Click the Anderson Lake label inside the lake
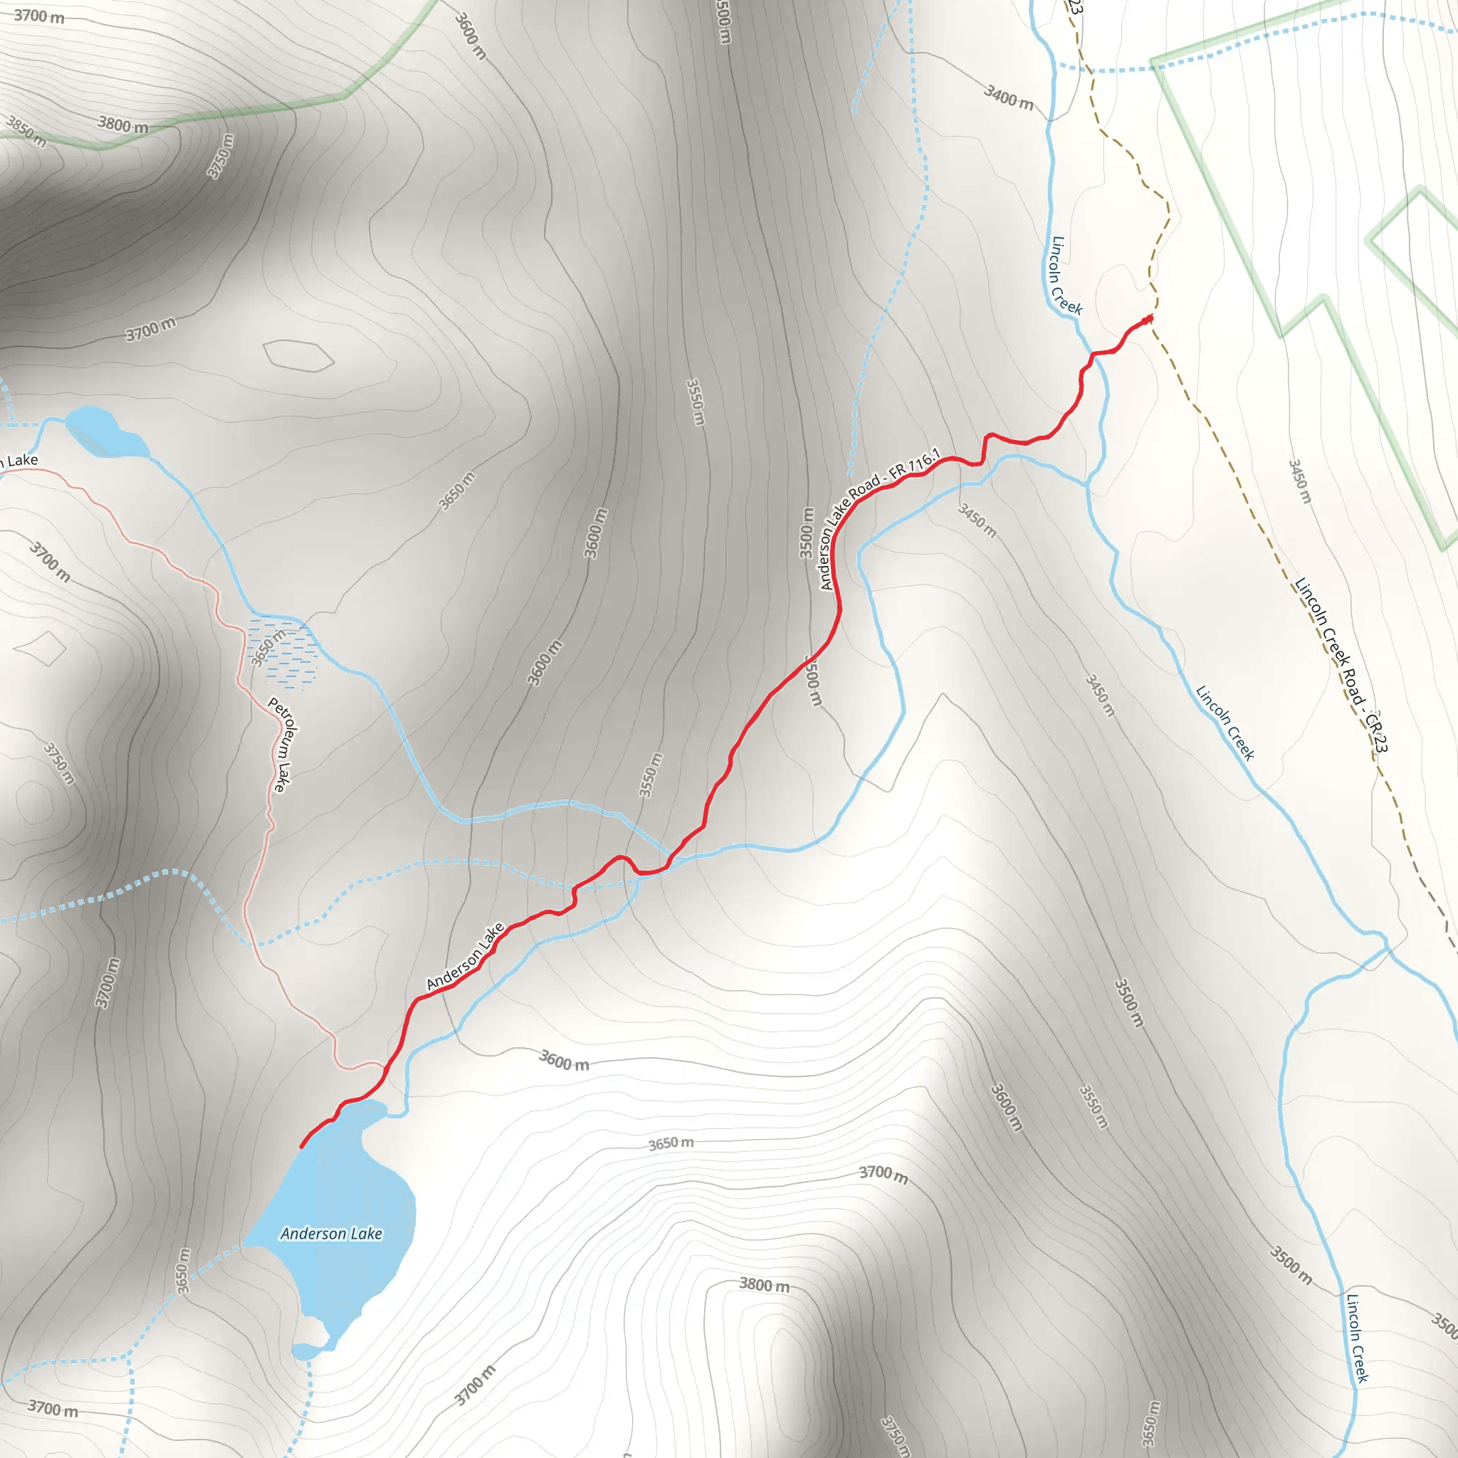pos(330,1234)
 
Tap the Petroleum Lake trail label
pos(278,744)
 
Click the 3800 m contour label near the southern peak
pos(764,1284)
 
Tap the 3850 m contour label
pos(26,130)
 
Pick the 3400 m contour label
pos(1008,97)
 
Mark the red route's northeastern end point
pos(1150,319)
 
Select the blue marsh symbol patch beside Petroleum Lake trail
pos(283,654)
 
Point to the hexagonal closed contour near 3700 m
pos(298,355)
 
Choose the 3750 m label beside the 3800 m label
pos(221,155)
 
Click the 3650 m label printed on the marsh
pos(268,648)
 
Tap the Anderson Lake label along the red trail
pos(465,956)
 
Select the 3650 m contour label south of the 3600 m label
pos(671,1144)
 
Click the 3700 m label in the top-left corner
pos(39,15)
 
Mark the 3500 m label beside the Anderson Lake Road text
pos(807,533)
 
